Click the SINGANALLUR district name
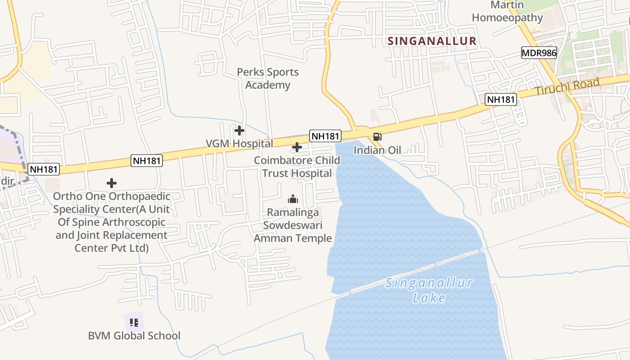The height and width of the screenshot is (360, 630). tap(432, 41)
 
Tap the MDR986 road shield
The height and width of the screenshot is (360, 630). tap(539, 53)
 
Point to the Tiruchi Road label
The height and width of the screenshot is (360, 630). tap(567, 87)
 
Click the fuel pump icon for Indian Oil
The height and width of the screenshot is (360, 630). tap(377, 137)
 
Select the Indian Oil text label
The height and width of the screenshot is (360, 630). tap(377, 150)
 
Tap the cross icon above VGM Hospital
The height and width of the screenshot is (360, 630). tap(239, 130)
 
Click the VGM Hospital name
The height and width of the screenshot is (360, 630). tap(239, 144)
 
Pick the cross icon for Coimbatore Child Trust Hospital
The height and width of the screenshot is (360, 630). tap(297, 147)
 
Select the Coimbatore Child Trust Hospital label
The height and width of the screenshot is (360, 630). tap(297, 167)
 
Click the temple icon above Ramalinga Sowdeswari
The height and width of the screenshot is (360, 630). tap(293, 199)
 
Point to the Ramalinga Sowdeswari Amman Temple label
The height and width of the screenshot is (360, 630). tap(293, 225)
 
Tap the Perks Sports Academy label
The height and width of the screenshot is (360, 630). tap(268, 79)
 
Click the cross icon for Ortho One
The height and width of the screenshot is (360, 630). tap(112, 183)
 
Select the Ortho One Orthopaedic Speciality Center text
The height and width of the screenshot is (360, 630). tap(112, 222)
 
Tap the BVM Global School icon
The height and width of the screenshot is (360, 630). tap(134, 322)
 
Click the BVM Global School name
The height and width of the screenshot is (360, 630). tap(134, 336)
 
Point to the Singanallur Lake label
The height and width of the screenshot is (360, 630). tap(429, 290)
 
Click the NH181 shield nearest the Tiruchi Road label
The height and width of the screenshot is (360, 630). tap(500, 99)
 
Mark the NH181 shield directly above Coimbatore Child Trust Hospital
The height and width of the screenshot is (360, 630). tap(325, 135)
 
